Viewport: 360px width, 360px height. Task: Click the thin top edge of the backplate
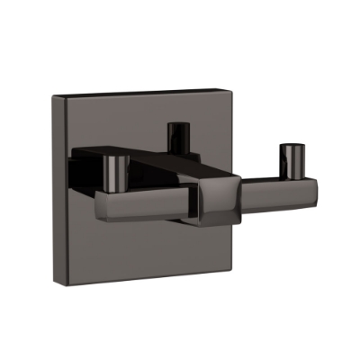pos(144,92)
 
